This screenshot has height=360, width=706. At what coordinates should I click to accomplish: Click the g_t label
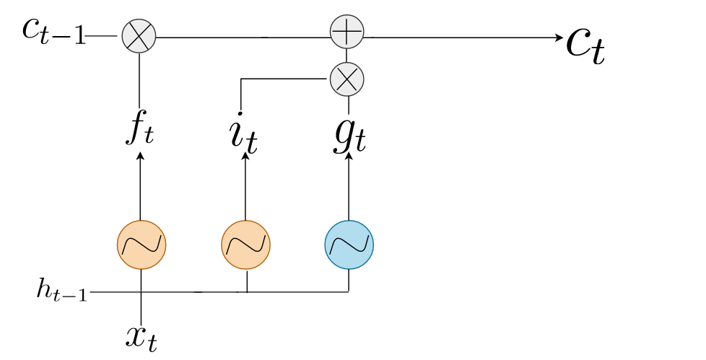[x=348, y=136]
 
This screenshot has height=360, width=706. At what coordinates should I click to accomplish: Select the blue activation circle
[x=349, y=245]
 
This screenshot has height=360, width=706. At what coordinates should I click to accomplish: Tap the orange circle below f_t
[x=141, y=245]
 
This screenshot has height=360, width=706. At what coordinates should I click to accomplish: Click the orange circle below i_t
[x=245, y=245]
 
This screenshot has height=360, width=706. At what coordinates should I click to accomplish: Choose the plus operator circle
[x=347, y=32]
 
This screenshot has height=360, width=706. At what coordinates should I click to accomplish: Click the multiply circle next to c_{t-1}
[x=138, y=35]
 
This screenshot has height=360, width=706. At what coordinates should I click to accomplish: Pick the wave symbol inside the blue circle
[x=349, y=245]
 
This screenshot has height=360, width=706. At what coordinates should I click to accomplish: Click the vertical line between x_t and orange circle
[x=141, y=296]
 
